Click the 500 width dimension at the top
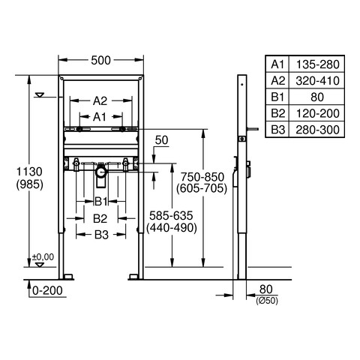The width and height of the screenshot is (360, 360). [x=100, y=60]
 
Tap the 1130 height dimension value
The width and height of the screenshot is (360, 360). [x=29, y=172]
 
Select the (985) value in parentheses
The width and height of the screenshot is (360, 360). [x=29, y=184]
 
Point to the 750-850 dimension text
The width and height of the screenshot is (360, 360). [x=202, y=177]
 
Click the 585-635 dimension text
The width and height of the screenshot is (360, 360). [x=171, y=215]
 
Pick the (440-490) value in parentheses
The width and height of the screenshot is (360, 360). [x=172, y=228]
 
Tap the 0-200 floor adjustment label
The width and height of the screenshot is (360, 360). [x=47, y=290]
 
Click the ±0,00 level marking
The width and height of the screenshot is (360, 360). [x=43, y=256]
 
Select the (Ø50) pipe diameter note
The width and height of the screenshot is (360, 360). [x=267, y=301]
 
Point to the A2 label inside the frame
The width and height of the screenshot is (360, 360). [x=100, y=101]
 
